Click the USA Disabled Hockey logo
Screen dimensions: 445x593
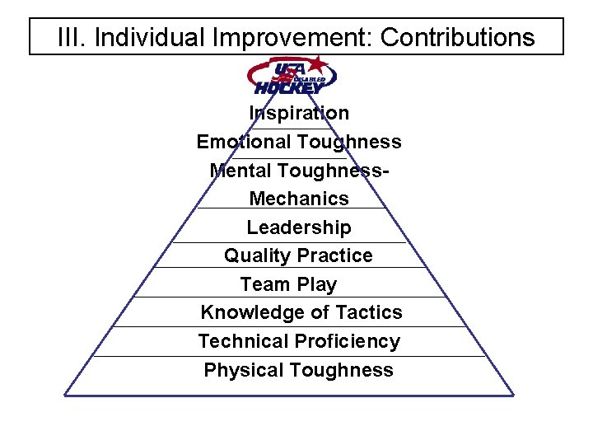292,75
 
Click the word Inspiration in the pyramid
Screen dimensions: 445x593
299,113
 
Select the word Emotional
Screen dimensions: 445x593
244,142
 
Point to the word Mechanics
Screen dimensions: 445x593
299,199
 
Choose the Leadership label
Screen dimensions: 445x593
299,227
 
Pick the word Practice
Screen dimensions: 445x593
334,255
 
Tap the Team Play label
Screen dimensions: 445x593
288,284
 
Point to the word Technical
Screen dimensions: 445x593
243,341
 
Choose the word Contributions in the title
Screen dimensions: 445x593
458,37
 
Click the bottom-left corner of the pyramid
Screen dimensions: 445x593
66,395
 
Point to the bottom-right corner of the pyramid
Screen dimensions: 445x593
513,395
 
